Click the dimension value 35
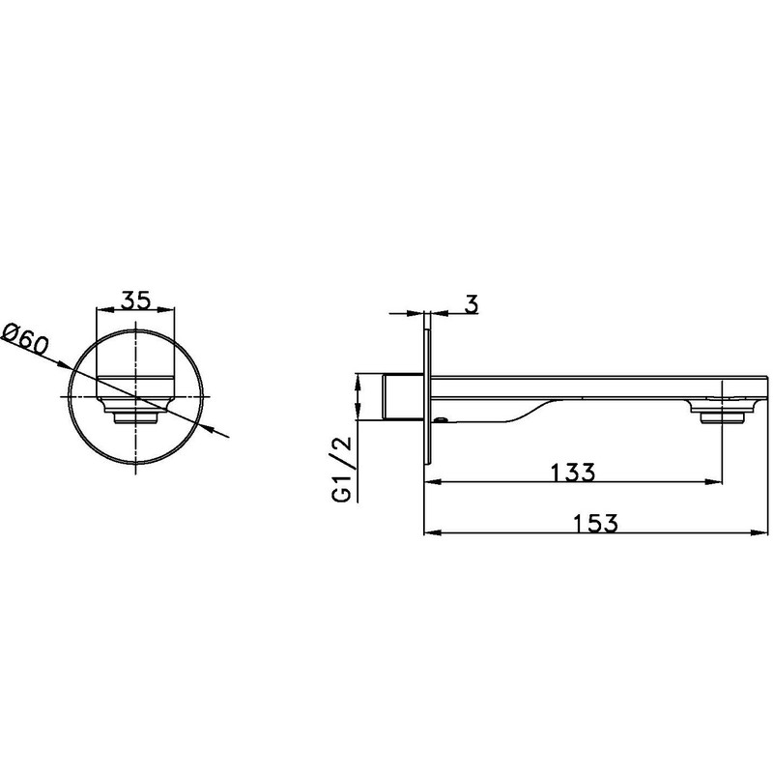click(x=136, y=301)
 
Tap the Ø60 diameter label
click(x=26, y=339)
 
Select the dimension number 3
click(x=472, y=304)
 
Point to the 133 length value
click(x=572, y=472)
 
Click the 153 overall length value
click(x=595, y=523)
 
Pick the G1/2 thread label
click(x=343, y=469)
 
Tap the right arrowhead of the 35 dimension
click(x=166, y=309)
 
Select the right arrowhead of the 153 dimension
click(x=759, y=532)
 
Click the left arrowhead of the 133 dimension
click(x=433, y=481)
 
